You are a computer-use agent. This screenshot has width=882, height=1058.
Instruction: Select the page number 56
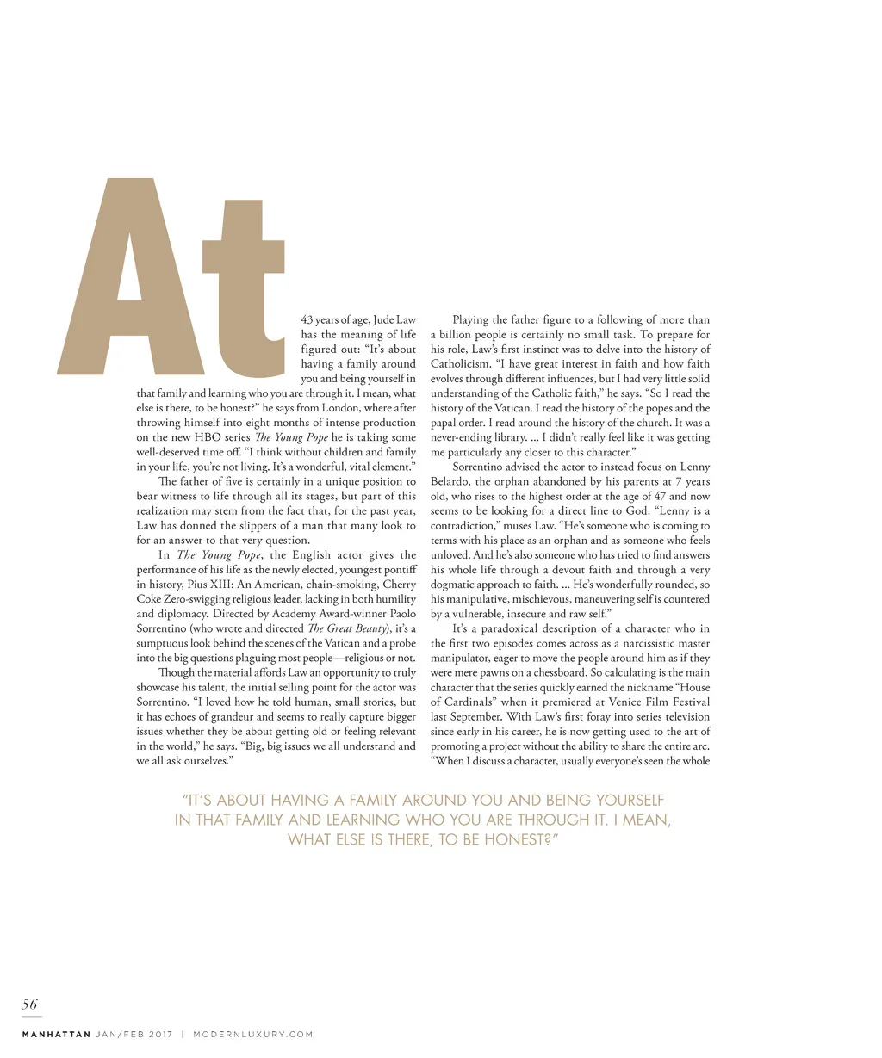point(30,1004)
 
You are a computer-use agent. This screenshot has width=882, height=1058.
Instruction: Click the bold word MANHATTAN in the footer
point(56,1034)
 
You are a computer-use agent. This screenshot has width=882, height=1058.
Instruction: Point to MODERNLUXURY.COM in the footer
point(253,1034)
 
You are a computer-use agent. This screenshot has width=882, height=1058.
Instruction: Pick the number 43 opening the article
point(307,320)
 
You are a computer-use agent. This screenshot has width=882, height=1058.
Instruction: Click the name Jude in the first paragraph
point(384,320)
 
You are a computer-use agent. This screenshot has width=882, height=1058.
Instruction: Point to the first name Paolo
point(401,614)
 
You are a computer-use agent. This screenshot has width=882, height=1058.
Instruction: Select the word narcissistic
point(630,643)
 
